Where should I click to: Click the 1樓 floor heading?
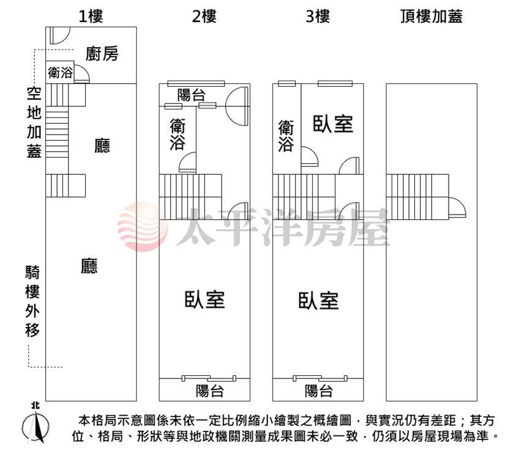coord(91,16)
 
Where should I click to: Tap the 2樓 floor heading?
coord(204,16)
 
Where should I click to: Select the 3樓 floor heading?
coord(318,16)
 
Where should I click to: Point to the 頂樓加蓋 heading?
coord(431,16)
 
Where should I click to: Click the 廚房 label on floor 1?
coord(102,54)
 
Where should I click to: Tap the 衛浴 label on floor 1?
coord(60,73)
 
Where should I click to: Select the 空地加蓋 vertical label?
coord(34,122)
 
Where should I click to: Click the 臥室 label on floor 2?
coord(205,299)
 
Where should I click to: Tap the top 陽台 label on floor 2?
coord(191,95)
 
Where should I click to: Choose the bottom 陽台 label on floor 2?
coord(209,391)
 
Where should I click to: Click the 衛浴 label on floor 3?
coord(286,136)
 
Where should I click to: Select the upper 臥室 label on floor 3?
coord(333,123)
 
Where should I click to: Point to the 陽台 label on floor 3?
coord(318,391)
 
